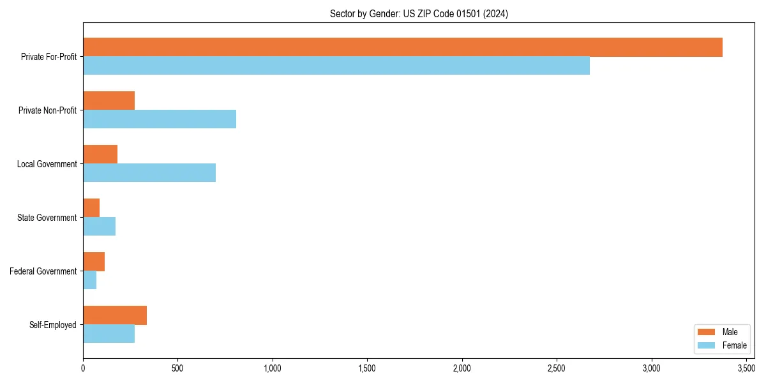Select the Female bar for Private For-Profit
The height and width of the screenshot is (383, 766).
[336, 66]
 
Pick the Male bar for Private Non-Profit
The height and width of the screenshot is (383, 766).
[109, 101]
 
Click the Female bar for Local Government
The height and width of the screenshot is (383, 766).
[149, 173]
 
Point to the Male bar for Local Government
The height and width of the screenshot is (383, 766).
[100, 154]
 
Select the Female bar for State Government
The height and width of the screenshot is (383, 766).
[99, 227]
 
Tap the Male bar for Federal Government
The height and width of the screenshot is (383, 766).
[94, 262]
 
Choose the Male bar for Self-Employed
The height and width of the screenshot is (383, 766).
[115, 315]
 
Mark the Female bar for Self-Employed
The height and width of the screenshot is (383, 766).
[109, 334]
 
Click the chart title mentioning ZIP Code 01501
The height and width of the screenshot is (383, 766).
[419, 13]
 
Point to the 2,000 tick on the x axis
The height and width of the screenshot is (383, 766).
[462, 368]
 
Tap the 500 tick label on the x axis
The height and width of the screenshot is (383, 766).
[177, 368]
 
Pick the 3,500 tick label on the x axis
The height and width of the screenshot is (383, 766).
[746, 368]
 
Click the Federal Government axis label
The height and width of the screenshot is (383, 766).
[43, 271]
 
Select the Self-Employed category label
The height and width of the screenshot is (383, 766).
[53, 325]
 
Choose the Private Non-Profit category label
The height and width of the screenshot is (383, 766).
[47, 110]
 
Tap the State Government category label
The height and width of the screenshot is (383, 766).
[47, 218]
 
